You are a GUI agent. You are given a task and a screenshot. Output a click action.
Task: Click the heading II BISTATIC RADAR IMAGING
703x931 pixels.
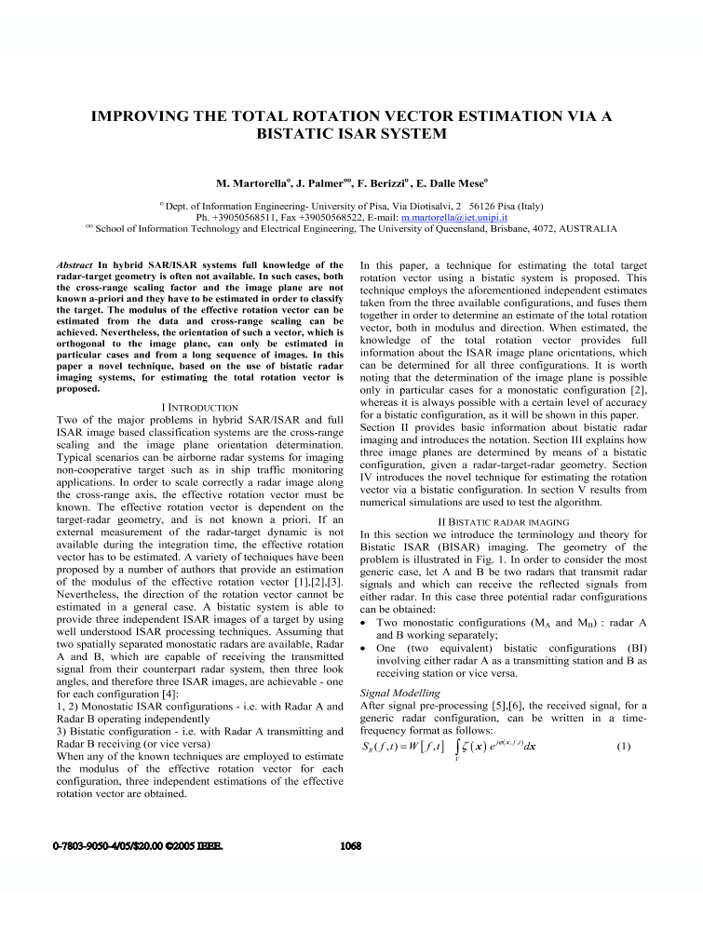[x=503, y=522]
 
